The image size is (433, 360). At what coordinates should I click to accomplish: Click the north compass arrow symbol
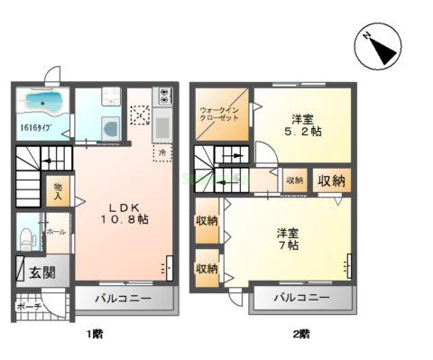tap(380, 46)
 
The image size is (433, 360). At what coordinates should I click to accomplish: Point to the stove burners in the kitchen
tap(163, 94)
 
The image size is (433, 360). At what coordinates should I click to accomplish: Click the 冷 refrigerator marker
tap(162, 154)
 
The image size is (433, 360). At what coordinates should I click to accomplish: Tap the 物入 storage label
tap(57, 191)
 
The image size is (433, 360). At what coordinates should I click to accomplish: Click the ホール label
tap(56, 231)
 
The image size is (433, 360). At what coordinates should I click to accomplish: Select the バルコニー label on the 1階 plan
tap(119, 298)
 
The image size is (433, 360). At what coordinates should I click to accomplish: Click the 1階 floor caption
tap(95, 333)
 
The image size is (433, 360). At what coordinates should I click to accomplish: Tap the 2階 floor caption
tap(300, 333)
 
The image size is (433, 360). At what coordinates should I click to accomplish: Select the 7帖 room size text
tap(289, 246)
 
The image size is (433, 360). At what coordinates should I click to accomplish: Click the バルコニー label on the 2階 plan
tap(300, 298)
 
